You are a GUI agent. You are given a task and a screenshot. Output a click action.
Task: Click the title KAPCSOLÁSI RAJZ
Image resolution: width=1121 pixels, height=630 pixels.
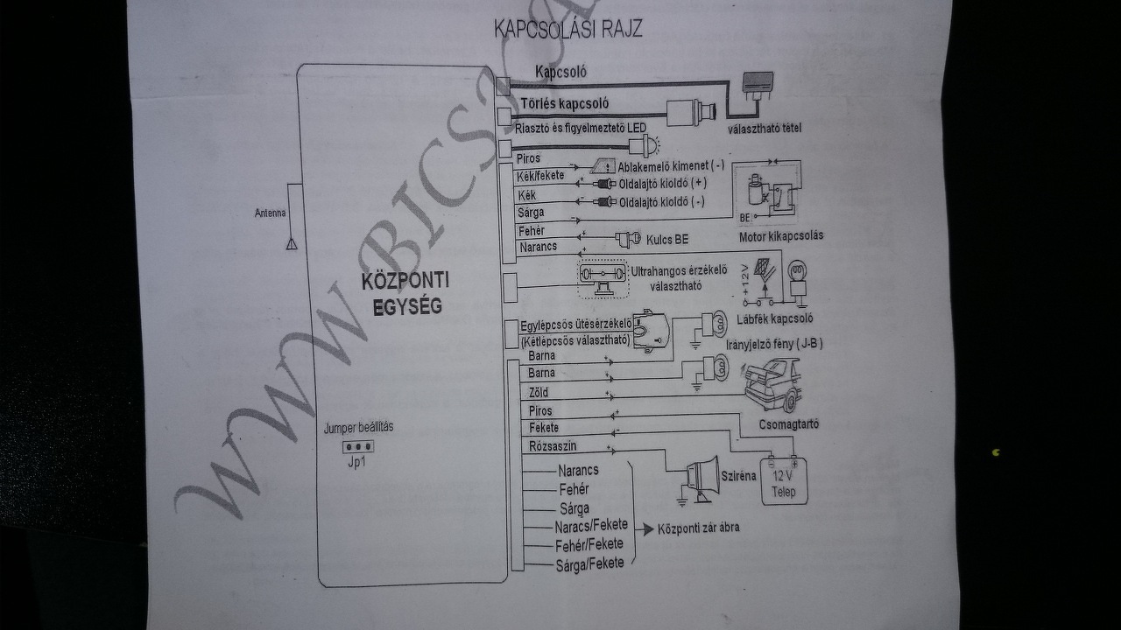(x=568, y=29)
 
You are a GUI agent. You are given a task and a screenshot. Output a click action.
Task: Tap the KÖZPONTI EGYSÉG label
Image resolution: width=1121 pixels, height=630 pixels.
(x=405, y=293)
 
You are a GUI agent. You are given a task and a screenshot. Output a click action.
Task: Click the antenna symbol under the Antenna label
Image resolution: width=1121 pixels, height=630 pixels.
(x=292, y=242)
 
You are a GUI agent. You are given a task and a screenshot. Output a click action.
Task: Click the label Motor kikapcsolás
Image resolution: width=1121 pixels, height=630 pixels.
(x=780, y=235)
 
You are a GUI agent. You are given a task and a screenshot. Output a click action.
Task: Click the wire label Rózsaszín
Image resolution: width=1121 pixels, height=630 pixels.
(x=553, y=446)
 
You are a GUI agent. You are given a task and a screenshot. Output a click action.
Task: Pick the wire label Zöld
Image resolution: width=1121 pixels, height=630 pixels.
(x=539, y=393)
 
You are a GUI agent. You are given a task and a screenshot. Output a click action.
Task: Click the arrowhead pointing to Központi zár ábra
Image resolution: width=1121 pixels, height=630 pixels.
(x=648, y=528)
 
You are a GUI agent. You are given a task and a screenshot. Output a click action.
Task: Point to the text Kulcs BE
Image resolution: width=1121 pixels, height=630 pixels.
(x=668, y=238)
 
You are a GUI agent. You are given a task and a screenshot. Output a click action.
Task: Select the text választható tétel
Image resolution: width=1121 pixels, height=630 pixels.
(x=765, y=129)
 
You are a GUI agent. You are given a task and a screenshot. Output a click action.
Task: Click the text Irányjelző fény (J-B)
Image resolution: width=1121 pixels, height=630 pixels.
(x=773, y=344)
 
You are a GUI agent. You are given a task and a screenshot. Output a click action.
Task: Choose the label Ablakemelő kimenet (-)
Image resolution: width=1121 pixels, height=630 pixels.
(x=671, y=165)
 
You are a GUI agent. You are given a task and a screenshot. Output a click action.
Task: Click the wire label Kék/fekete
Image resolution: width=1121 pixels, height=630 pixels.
(x=541, y=176)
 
